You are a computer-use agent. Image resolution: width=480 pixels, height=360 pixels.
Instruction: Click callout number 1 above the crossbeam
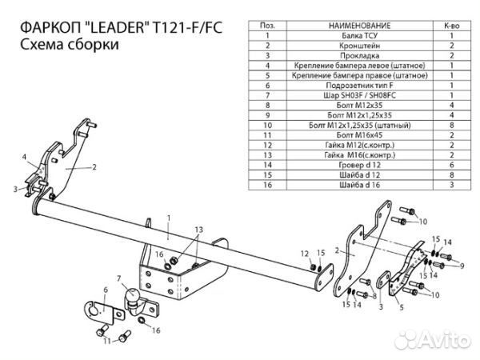169,218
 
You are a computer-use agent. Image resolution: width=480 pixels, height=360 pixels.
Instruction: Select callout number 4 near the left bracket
25,156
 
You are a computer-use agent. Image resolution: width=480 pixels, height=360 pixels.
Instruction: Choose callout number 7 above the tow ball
119,279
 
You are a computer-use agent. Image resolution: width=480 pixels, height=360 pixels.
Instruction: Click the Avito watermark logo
440,342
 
